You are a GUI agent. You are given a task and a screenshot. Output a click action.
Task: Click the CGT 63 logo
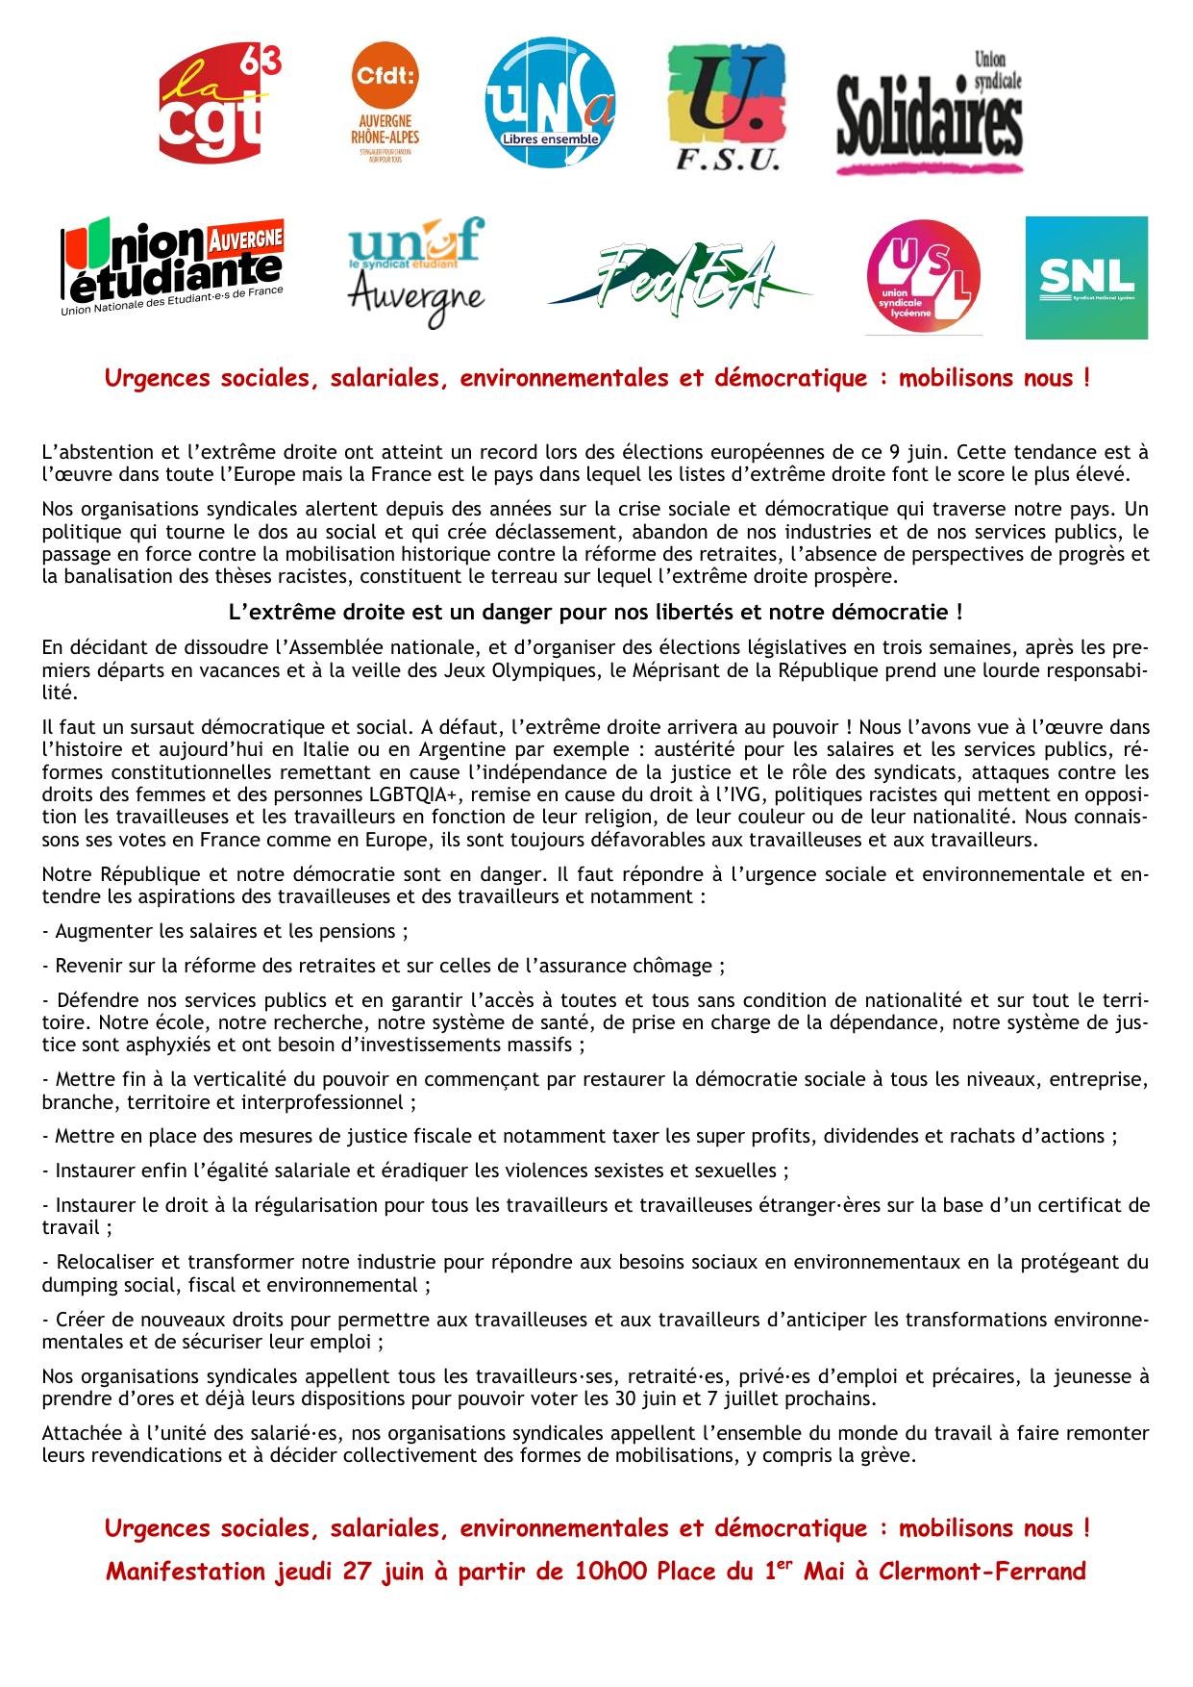click(x=219, y=104)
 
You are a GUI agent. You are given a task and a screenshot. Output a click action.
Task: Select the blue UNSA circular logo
click(x=549, y=102)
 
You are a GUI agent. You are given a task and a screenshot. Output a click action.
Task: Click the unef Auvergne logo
click(x=416, y=271)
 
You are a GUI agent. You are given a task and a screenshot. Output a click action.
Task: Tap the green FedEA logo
click(x=680, y=277)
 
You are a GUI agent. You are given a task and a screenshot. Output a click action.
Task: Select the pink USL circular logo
click(x=923, y=276)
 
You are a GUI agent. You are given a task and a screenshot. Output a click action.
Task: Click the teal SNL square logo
click(x=1086, y=277)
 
